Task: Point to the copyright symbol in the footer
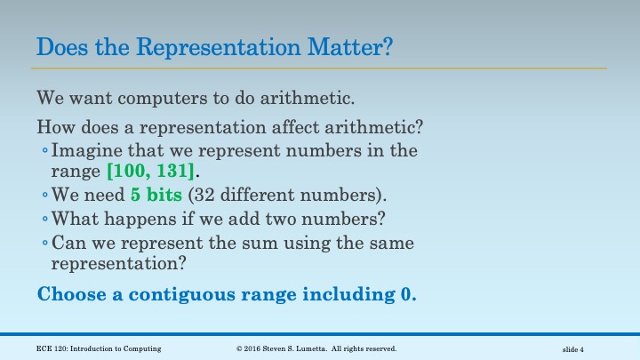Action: [x=240, y=349]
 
